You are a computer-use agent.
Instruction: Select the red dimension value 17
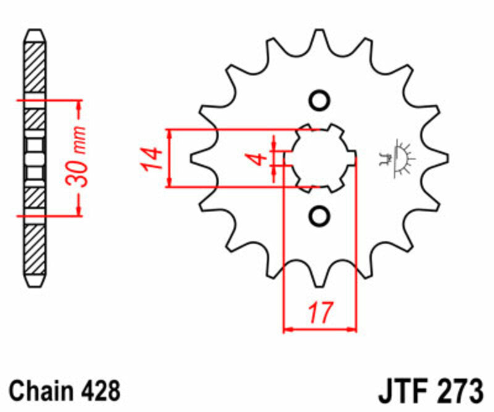click(x=320, y=311)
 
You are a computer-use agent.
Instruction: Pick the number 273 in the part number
click(x=458, y=390)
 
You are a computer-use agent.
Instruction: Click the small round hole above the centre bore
click(x=320, y=101)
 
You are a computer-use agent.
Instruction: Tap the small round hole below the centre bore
click(x=320, y=215)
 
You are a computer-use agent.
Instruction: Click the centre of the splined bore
click(x=320, y=158)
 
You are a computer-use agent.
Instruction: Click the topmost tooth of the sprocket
click(x=320, y=38)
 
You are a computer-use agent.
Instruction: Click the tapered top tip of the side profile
click(x=35, y=32)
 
